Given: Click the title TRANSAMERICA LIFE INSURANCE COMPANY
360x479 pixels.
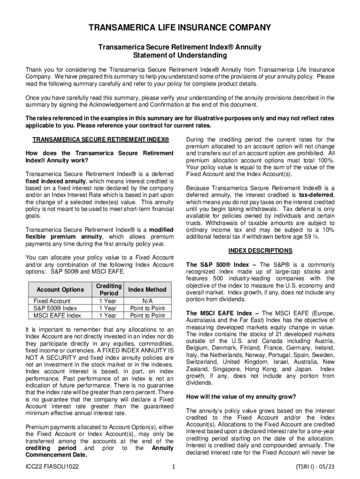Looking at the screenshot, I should tap(180, 28).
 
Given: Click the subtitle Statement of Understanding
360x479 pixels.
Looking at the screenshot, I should tap(180, 55).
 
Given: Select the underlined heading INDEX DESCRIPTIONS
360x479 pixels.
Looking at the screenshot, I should tap(260, 251).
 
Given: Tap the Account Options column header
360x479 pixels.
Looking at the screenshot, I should tap(60, 290).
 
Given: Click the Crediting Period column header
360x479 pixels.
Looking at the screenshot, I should tap(108, 290).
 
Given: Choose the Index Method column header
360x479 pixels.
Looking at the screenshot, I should tap(147, 290).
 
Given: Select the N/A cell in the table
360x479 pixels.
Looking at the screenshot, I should tap(147, 301).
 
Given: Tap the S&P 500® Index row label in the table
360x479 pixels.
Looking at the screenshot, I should tap(56, 308).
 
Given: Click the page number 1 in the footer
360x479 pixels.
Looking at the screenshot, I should tap(173, 467).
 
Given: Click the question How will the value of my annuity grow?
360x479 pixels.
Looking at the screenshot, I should tap(241, 397).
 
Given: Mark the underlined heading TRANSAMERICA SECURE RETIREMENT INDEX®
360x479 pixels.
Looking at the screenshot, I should tap(101, 140).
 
